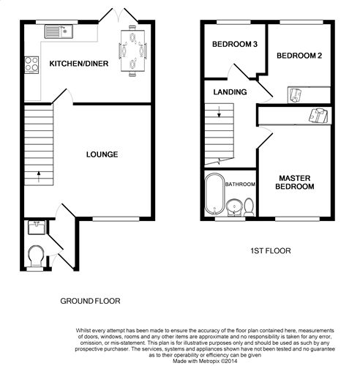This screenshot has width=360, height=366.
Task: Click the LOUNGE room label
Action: [102, 154]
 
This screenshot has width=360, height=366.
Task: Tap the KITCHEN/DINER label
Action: [79, 64]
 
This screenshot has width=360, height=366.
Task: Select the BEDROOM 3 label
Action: [235, 44]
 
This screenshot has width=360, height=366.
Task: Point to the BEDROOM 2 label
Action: [299, 56]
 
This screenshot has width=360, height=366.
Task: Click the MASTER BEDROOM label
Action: [295, 182]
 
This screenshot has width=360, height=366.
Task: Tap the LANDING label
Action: [230, 92]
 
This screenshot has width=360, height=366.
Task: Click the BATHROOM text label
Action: [240, 184]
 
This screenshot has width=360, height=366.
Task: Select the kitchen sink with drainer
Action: [59, 31]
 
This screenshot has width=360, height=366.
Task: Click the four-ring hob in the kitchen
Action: [31, 64]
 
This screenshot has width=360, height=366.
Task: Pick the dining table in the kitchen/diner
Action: [132, 51]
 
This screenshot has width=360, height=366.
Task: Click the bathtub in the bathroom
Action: [214, 194]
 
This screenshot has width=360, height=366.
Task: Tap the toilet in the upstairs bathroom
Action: [249, 207]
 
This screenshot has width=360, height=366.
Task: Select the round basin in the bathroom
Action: [234, 207]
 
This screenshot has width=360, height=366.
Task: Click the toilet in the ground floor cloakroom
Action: [36, 255]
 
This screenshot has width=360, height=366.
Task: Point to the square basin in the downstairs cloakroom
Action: [37, 228]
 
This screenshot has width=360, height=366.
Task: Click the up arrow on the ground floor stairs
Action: [39, 176]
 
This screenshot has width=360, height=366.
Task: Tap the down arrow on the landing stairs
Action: [219, 112]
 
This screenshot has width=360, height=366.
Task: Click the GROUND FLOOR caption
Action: [90, 301]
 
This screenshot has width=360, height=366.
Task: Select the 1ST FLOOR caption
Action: [271, 251]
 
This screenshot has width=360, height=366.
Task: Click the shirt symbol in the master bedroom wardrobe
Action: [318, 115]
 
